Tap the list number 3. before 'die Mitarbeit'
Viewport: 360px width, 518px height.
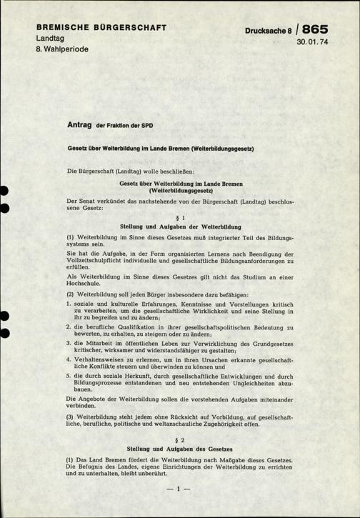[x=69, y=344]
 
